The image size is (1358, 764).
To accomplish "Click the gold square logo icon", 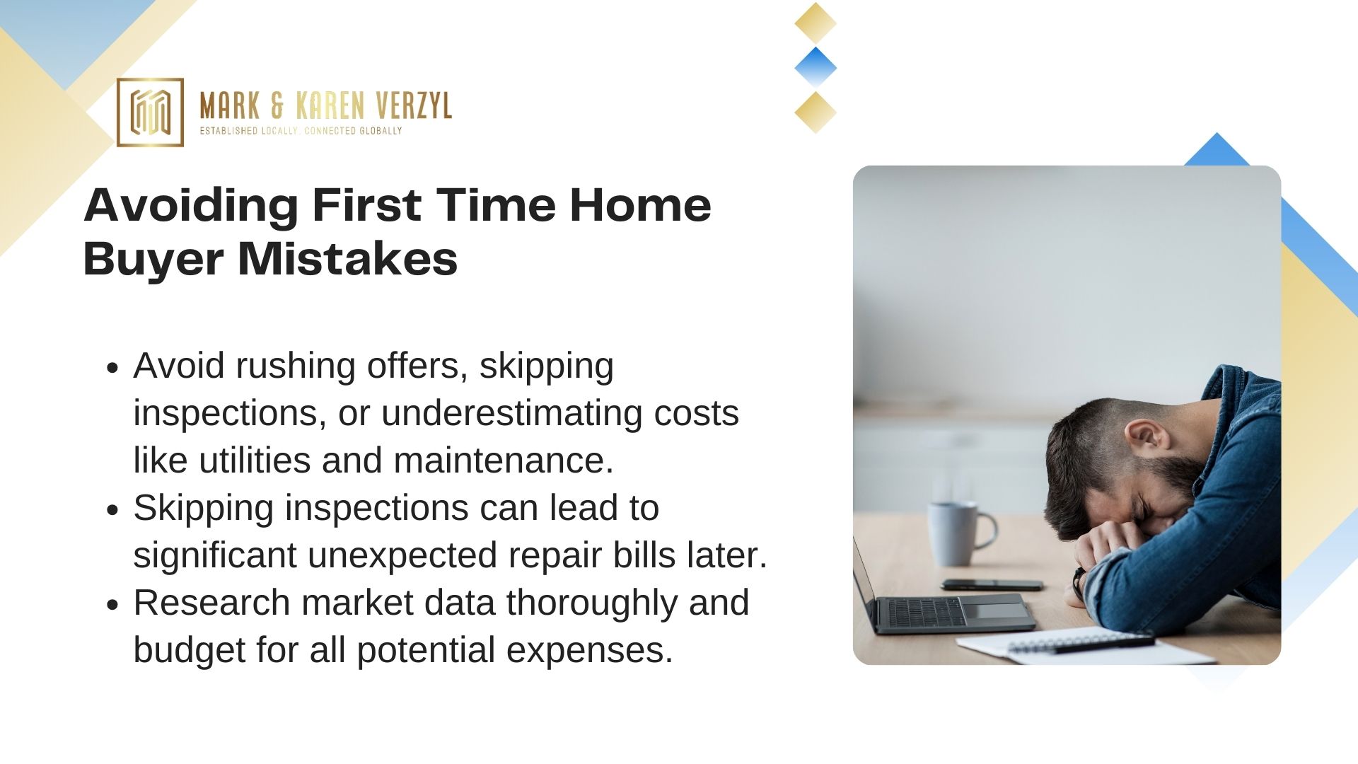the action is click(150, 112).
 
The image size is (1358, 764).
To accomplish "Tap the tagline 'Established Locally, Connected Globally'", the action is click(301, 131).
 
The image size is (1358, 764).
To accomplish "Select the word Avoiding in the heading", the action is click(191, 207).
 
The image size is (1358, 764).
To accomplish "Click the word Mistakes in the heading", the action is click(347, 259).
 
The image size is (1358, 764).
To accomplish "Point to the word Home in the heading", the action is click(640, 205).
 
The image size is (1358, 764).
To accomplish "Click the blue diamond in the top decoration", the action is click(816, 68).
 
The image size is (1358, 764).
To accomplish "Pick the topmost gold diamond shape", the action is click(816, 23).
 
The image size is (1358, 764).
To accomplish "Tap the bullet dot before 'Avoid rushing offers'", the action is click(112, 368).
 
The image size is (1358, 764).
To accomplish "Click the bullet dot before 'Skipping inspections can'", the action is click(112, 510).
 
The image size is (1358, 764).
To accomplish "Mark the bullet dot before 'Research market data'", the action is click(112, 605).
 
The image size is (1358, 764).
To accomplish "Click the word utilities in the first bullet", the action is click(255, 460).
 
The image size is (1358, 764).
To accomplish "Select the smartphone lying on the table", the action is click(992, 585).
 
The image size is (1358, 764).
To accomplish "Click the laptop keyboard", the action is click(927, 613).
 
